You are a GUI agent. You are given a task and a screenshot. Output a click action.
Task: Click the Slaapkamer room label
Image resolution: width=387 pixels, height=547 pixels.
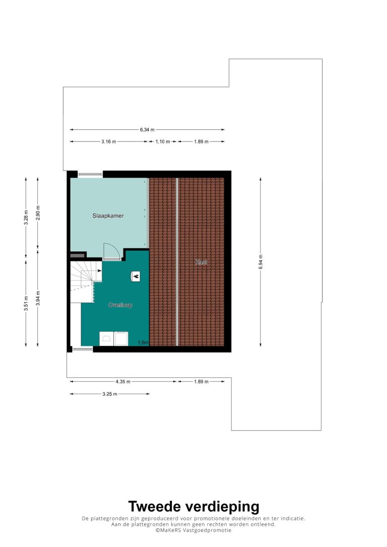108,216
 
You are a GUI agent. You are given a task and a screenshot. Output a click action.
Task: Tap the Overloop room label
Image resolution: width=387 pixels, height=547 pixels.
120,305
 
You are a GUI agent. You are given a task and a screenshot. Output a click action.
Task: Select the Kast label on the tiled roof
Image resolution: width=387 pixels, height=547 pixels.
201,261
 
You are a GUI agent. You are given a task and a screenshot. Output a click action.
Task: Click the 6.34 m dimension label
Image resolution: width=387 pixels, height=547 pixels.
147,129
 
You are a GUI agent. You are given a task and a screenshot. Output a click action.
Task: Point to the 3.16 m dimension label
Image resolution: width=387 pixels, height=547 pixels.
108,142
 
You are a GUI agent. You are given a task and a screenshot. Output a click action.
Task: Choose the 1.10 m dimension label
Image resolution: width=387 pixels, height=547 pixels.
163,142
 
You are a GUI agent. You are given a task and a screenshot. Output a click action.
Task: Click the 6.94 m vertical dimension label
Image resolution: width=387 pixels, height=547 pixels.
261,261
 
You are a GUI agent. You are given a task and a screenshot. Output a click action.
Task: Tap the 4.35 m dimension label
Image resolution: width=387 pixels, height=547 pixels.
123,382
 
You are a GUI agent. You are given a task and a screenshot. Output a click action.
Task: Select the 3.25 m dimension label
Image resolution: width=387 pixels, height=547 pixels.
109,394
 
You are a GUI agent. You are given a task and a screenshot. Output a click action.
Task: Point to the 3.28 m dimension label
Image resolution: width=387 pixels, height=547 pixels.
26,218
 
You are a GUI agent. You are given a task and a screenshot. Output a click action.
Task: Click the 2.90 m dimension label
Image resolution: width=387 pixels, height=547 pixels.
38,213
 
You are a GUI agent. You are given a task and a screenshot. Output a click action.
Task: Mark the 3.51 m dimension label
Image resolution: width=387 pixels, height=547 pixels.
26,303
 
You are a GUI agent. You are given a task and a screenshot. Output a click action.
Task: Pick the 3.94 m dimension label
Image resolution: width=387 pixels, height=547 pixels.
38,298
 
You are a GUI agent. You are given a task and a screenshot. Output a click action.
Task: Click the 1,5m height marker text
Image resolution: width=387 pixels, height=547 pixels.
143,343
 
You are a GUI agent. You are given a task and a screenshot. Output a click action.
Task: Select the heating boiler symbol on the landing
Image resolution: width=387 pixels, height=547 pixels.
136,277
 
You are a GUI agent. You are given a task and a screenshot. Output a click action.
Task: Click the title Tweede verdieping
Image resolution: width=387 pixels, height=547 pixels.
193,506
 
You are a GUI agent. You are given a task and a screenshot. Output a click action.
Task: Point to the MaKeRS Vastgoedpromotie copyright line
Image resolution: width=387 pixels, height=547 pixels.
193,530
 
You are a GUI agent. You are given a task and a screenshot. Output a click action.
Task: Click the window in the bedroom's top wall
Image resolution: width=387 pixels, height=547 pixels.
90,174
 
